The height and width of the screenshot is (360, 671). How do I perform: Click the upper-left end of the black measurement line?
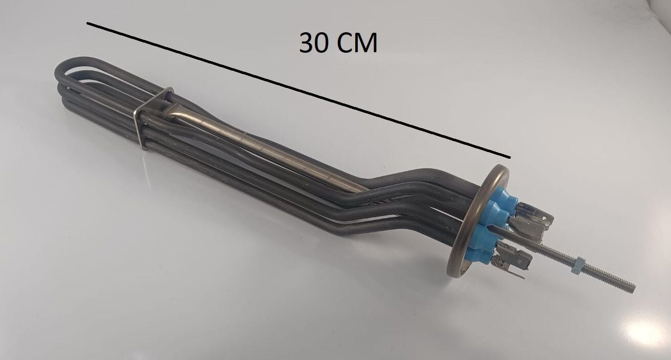pyautogui.click(x=88, y=23)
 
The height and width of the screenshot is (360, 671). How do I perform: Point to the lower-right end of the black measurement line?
pyautogui.click(x=509, y=157)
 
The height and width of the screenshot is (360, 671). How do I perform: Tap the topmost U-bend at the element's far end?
pyautogui.click(x=64, y=69)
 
